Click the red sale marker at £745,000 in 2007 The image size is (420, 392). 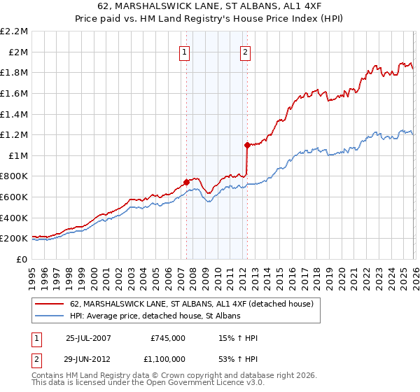(x=186, y=182)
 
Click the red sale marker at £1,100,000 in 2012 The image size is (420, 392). (x=247, y=145)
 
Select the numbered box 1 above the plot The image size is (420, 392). (x=184, y=51)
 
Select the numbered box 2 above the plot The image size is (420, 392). (x=246, y=51)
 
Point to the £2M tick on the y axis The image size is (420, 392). (x=19, y=52)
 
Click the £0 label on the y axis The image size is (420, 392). (x=21, y=259)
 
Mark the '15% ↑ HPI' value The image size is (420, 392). (x=239, y=338)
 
